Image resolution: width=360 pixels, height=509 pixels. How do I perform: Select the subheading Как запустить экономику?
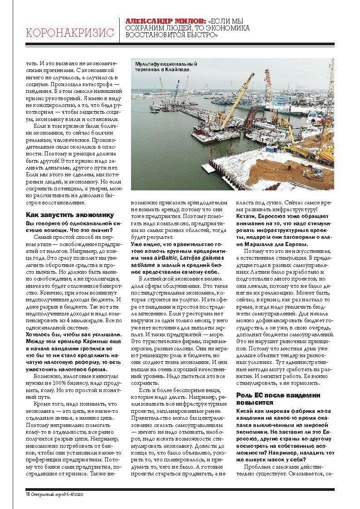pos(70,215)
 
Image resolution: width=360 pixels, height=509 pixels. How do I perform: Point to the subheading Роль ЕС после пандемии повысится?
pos(284,398)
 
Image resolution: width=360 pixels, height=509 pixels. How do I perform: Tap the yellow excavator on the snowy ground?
pos(312,172)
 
